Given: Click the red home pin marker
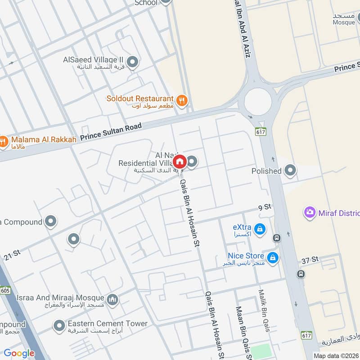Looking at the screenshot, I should click(x=180, y=161).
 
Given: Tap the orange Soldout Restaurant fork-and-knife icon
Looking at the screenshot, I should click(x=182, y=100).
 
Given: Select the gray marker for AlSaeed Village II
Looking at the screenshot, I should click(x=132, y=62).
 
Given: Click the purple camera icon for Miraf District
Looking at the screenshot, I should click(x=309, y=212).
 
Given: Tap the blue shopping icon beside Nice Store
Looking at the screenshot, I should click(x=272, y=258).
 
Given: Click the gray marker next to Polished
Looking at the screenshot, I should click(x=291, y=171).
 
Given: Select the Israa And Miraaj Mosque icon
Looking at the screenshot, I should click(x=112, y=299).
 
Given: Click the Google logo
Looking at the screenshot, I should click(x=19, y=353).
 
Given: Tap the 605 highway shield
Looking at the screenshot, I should click(x=5, y=291).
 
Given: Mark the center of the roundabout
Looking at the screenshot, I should click(x=258, y=101).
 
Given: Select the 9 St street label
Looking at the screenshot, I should click(x=265, y=207).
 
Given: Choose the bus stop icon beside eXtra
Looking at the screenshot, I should click(x=277, y=238).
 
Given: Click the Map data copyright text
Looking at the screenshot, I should click(x=335, y=355).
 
